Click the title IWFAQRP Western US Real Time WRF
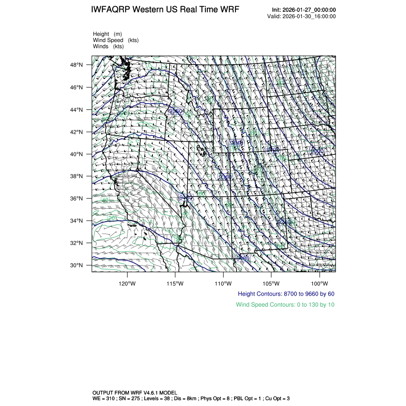pos(165,10)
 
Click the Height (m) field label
pos(107,34)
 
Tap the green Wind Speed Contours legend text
pos(285,304)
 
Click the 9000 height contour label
pos(317,151)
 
